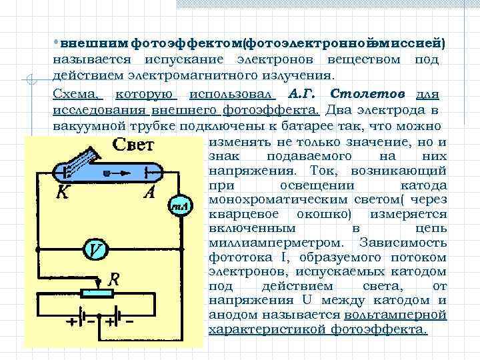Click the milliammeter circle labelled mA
(x=179, y=205)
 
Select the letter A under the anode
(x=151, y=193)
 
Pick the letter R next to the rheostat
(x=114, y=279)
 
